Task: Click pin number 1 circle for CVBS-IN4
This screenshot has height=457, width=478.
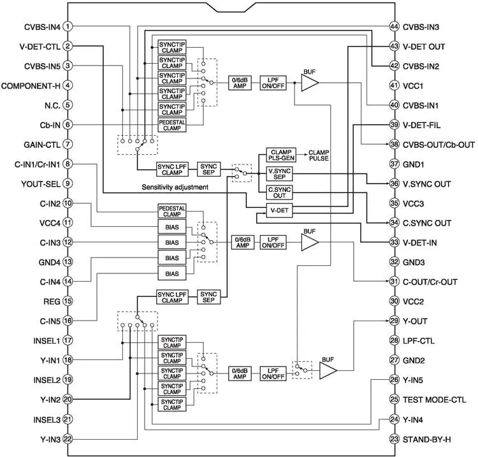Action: click(68, 27)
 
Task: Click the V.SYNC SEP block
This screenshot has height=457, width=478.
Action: click(279, 174)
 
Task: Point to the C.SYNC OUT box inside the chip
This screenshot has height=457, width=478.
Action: click(279, 191)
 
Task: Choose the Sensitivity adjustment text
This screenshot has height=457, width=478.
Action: click(177, 188)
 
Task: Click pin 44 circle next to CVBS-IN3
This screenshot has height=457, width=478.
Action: click(395, 27)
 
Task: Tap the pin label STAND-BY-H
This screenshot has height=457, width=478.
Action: click(431, 439)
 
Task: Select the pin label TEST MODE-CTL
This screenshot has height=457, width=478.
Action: click(438, 400)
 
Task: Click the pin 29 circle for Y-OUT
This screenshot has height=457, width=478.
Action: click(395, 321)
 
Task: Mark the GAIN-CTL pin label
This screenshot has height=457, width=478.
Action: click(41, 145)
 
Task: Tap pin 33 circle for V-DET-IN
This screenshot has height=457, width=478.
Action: click(395, 243)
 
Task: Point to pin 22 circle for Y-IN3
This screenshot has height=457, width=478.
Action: click(68, 439)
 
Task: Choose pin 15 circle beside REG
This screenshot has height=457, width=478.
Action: click(68, 301)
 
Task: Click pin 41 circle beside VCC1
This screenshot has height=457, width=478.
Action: click(395, 85)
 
